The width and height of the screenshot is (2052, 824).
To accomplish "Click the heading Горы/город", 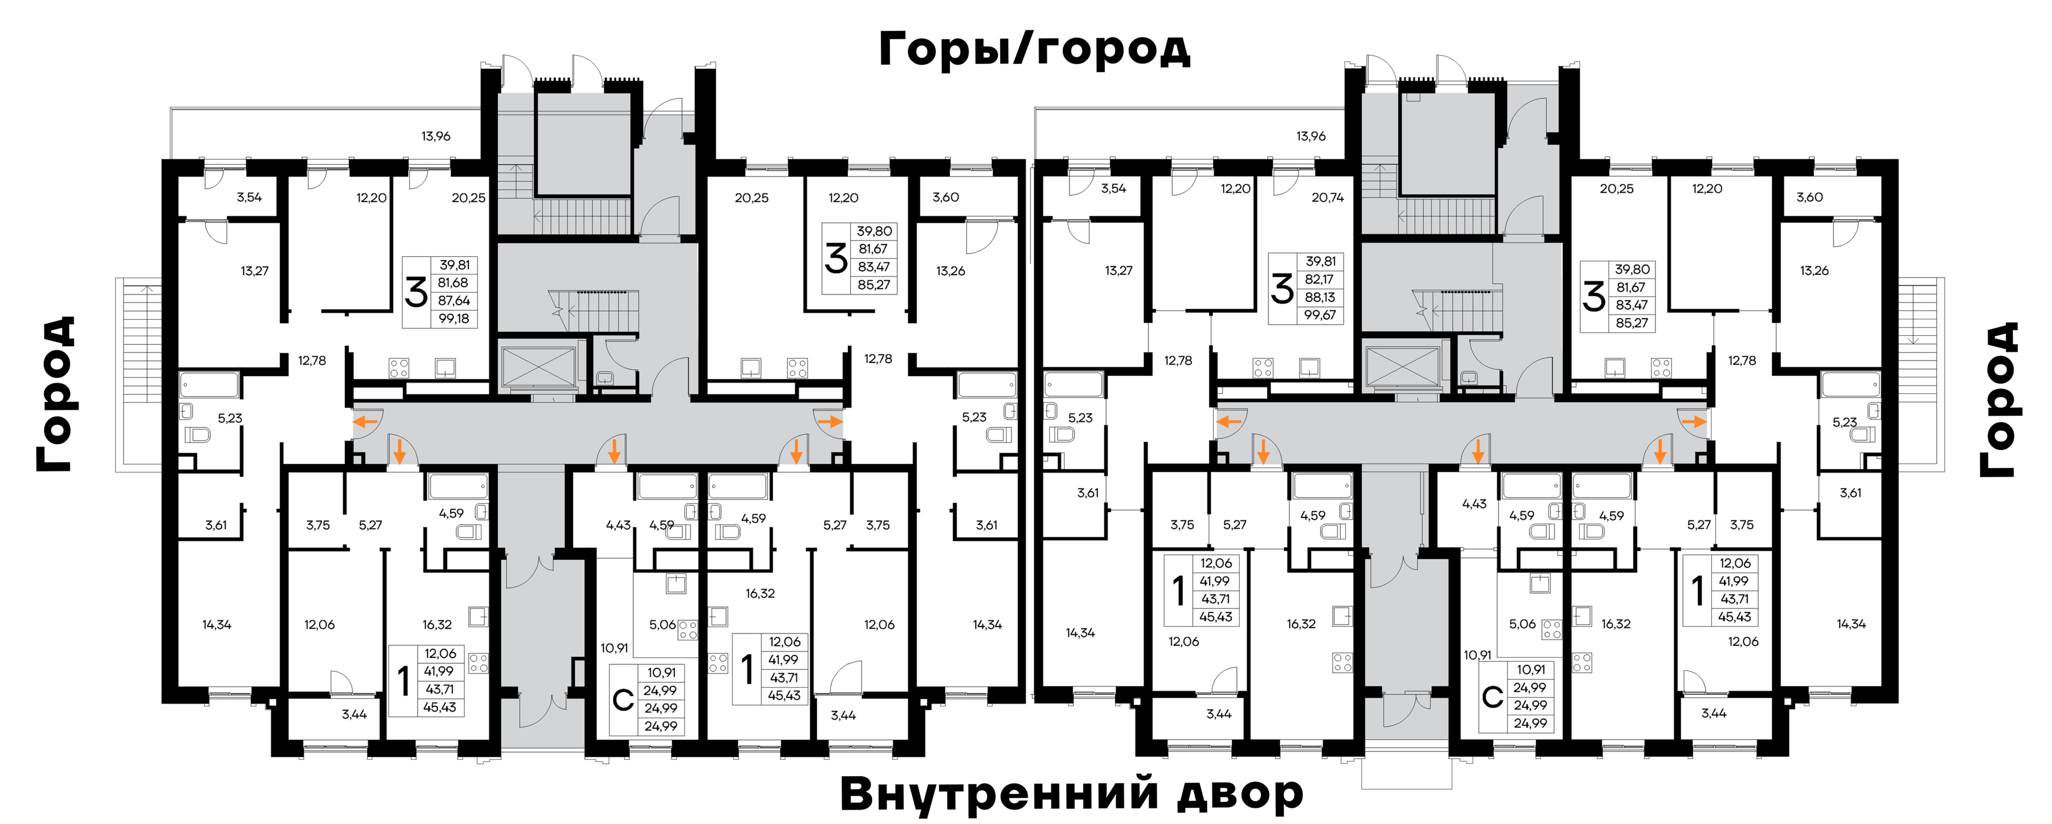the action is click(x=1034, y=49).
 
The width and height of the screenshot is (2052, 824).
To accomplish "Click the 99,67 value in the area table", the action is click(x=1320, y=315).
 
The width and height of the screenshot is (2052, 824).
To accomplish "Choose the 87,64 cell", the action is click(x=453, y=300).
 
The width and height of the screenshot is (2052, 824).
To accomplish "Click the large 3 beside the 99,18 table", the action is click(x=416, y=292).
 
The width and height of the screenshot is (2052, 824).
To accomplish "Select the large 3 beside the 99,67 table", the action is click(x=1281, y=289).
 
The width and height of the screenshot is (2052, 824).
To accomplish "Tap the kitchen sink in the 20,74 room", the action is click(x=1310, y=368).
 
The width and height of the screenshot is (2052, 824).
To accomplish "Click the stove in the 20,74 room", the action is click(x=1262, y=368).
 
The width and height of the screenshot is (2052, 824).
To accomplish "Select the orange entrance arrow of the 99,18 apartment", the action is click(x=366, y=421).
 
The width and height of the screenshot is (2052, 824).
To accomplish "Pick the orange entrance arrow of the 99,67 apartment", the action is click(x=1230, y=421).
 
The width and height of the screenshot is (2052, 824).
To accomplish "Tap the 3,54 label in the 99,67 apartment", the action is click(x=1114, y=189).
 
